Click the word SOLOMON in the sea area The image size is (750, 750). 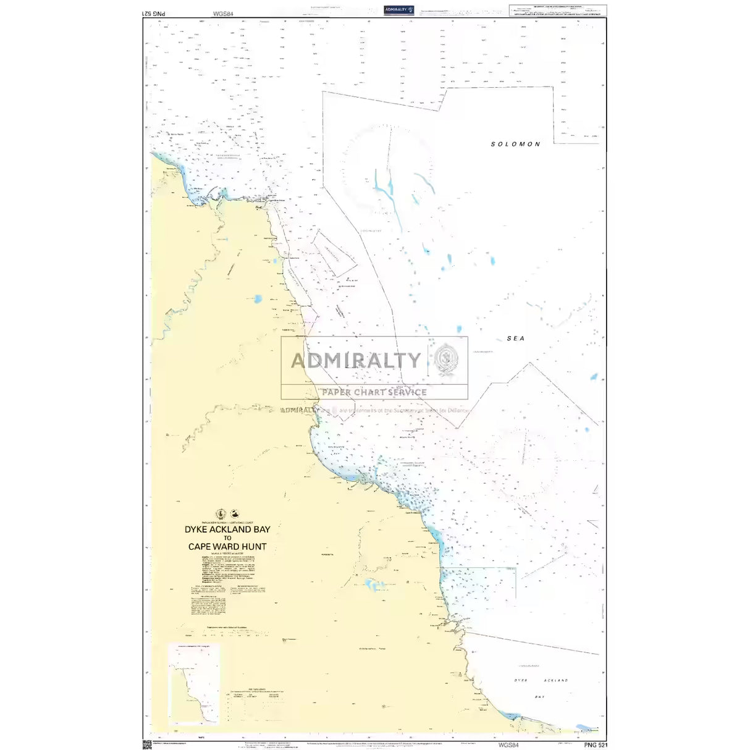(515, 144)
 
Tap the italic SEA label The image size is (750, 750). (515, 339)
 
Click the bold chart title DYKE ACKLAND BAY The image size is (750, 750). (227, 529)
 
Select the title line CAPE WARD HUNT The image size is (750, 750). (227, 547)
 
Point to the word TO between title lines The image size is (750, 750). (227, 538)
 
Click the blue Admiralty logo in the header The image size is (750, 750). (398, 10)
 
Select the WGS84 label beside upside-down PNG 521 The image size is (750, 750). (222, 13)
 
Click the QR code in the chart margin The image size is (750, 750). (147, 744)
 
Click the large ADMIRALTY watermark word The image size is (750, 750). (356, 360)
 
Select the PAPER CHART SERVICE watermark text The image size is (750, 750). (374, 392)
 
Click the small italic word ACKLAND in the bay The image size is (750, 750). (555, 680)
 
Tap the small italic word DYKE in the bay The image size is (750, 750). (521, 680)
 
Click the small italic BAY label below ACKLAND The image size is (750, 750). (539, 696)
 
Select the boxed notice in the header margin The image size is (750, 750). (557, 11)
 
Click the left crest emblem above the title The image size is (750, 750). (221, 514)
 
